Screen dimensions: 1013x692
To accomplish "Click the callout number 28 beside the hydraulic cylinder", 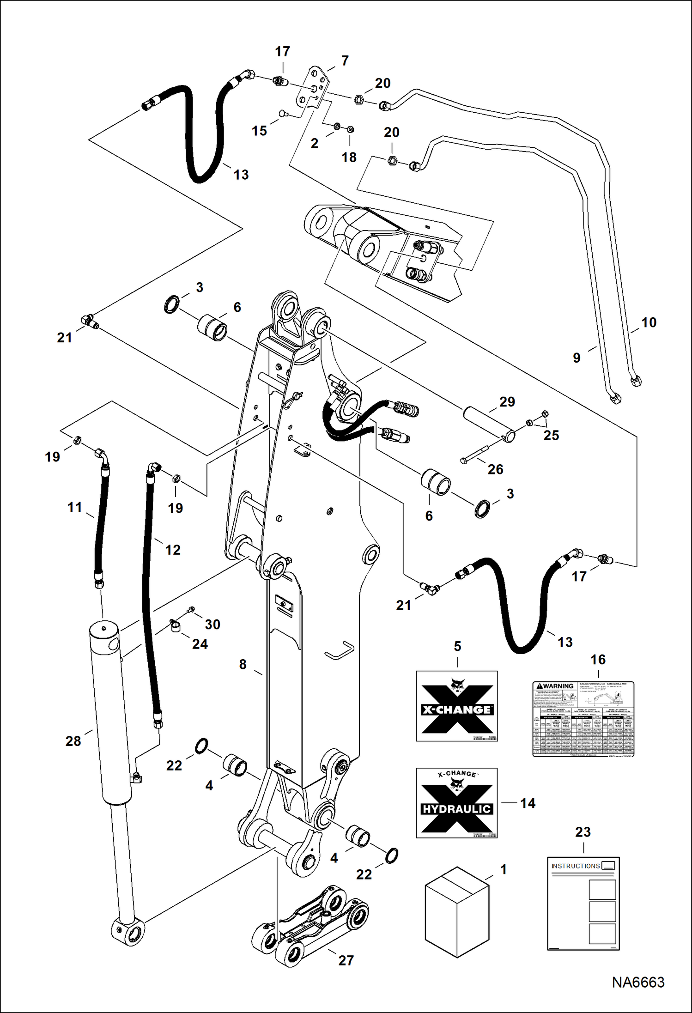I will pyautogui.click(x=73, y=741).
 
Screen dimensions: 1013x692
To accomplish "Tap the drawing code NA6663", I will pyautogui.click(x=638, y=982).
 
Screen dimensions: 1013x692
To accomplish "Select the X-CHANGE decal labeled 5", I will pyautogui.click(x=456, y=706).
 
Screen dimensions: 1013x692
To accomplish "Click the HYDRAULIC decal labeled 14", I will pyautogui.click(x=456, y=803).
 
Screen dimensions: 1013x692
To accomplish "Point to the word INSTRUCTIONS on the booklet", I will pyautogui.click(x=575, y=866).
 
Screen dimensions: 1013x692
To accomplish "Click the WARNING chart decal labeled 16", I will pyautogui.click(x=583, y=719).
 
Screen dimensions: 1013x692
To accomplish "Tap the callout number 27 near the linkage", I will pyautogui.click(x=346, y=960).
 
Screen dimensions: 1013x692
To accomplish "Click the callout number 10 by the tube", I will pyautogui.click(x=649, y=322).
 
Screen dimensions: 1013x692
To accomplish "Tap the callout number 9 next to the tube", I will pyautogui.click(x=577, y=358).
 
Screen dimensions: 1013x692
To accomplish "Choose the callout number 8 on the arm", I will pyautogui.click(x=243, y=664).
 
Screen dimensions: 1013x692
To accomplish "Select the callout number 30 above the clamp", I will pyautogui.click(x=212, y=624).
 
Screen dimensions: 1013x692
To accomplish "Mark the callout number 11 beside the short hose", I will pyautogui.click(x=74, y=507).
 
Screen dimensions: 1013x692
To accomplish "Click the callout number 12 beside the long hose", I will pyautogui.click(x=173, y=550).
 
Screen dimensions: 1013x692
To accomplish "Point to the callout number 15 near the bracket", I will pyautogui.click(x=259, y=131).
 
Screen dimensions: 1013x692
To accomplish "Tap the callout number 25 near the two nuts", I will pyautogui.click(x=551, y=435).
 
